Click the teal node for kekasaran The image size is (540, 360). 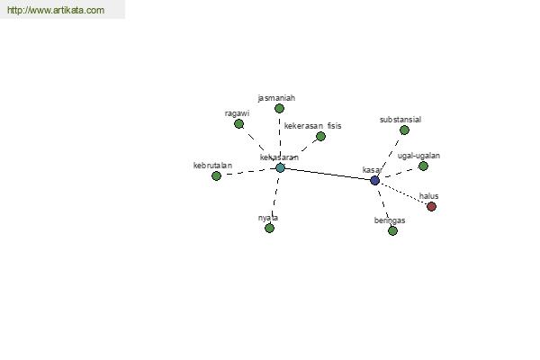click(x=280, y=167)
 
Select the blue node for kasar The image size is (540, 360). click(x=374, y=180)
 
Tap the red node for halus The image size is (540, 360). click(x=431, y=206)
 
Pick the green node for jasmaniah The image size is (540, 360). click(x=279, y=109)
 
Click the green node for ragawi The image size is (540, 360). click(x=238, y=123)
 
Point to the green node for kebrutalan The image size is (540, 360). click(x=216, y=176)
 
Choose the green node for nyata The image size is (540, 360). click(x=269, y=228)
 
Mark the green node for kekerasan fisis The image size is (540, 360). click(x=320, y=137)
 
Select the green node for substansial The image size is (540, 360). click(x=404, y=130)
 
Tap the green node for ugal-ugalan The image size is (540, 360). click(x=423, y=166)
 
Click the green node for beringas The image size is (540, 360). click(x=392, y=230)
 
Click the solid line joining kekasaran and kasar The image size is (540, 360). click(x=328, y=174)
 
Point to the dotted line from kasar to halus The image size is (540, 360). click(x=403, y=193)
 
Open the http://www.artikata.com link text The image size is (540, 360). click(x=56, y=10)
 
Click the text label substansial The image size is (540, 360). click(x=400, y=120)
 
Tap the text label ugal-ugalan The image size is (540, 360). click(x=418, y=156)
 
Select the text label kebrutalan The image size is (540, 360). click(x=212, y=166)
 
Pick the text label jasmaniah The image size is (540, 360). click(x=276, y=98)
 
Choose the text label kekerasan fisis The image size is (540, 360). click(x=312, y=126)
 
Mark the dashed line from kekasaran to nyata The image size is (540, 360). click(x=274, y=198)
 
